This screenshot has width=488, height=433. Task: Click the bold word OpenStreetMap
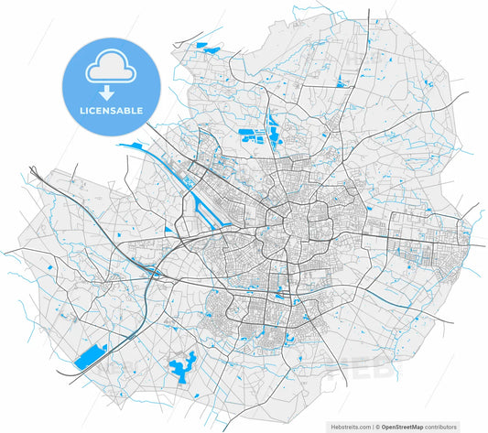(410, 427)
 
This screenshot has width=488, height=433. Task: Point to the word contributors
(461, 427)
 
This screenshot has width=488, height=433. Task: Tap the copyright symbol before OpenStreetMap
(376, 427)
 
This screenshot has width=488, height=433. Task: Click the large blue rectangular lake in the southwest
(89, 355)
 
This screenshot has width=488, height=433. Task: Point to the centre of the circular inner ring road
(299, 225)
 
